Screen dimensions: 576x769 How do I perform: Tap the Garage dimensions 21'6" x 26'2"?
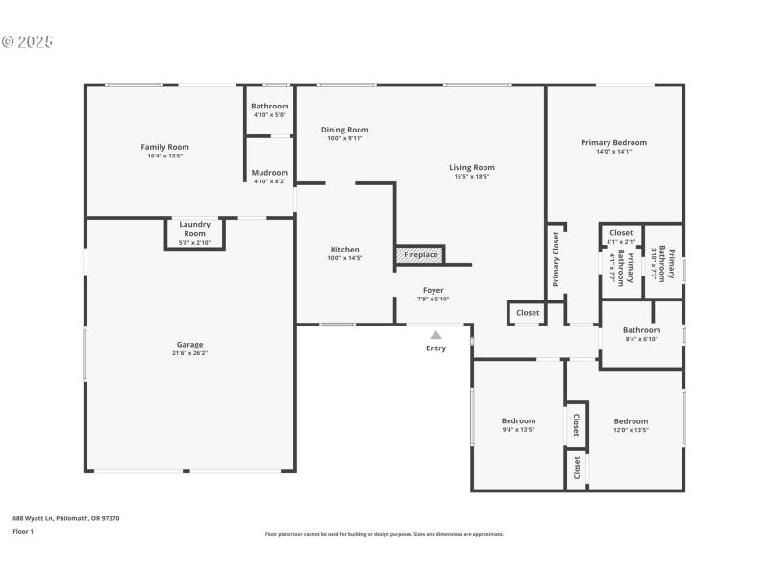189,353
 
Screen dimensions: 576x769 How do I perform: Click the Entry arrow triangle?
435,335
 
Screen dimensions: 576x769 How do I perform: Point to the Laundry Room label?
194,229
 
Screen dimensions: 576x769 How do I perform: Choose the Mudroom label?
269,173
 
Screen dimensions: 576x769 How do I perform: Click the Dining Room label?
344,130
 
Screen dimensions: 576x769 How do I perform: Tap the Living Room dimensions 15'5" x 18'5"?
472,176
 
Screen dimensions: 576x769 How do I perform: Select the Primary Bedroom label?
613,142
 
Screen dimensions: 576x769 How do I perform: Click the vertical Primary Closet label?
556,259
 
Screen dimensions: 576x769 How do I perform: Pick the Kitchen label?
344,249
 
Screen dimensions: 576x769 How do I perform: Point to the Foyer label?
434,290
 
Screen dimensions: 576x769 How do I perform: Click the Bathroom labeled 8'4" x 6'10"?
640,329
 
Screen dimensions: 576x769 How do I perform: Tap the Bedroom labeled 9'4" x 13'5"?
518,420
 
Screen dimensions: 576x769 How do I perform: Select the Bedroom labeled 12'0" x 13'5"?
631,420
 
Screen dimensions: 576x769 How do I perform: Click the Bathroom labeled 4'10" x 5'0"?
269,106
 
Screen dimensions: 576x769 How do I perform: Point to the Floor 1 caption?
22,531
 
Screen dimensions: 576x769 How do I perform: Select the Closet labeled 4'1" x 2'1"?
621,232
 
